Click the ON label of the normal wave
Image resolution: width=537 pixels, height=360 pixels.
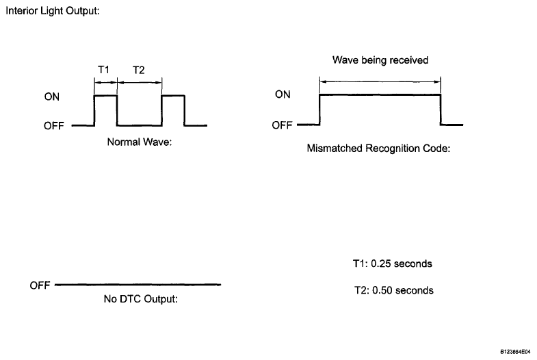pos(51,97)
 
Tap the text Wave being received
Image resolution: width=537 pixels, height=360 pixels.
pos(380,60)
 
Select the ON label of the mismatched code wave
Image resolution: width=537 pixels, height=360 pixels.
pos(283,95)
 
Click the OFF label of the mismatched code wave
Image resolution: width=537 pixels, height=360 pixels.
pos(283,125)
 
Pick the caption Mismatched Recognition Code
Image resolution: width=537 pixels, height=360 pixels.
pos(378,148)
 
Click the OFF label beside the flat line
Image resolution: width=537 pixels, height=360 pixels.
pos(40,285)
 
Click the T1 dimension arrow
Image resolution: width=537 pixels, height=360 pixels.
pos(105,82)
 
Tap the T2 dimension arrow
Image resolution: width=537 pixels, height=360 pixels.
pos(140,82)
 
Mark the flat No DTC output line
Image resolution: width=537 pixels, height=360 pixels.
pos(137,284)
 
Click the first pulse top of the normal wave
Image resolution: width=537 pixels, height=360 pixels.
pos(105,97)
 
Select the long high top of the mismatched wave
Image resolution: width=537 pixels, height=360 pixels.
pos(380,95)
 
